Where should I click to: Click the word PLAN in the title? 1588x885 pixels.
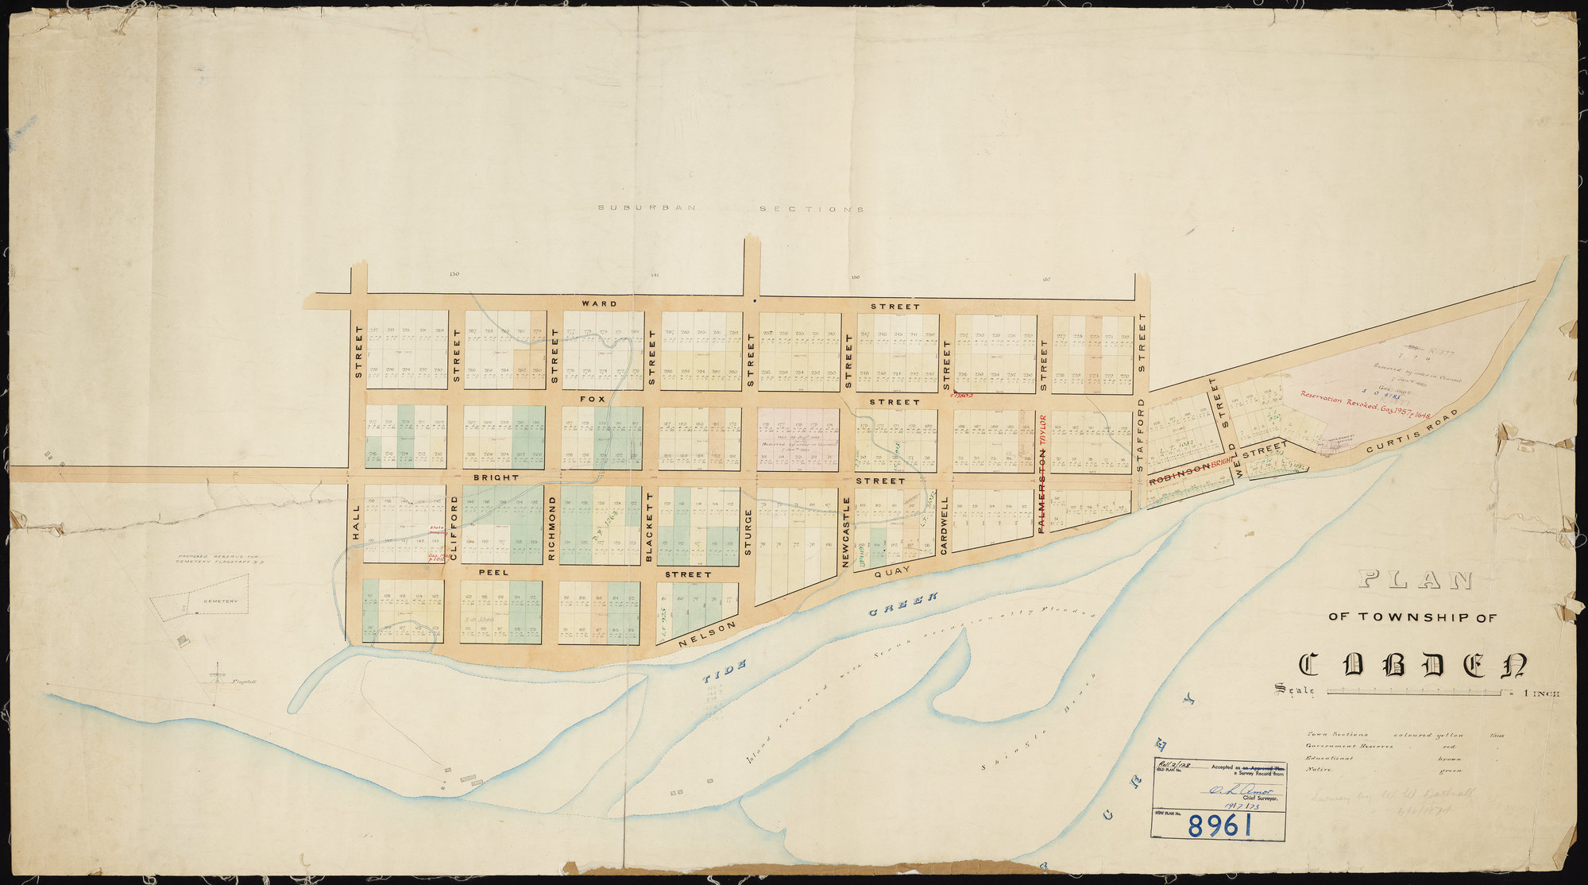[1415, 581]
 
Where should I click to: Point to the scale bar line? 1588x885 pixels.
[1414, 693]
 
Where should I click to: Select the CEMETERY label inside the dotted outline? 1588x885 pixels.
[219, 601]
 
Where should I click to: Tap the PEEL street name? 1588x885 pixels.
[493, 572]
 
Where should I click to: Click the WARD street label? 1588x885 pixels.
[599, 303]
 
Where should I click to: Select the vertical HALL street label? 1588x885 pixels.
[356, 523]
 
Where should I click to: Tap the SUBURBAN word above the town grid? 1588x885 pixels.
[647, 208]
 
